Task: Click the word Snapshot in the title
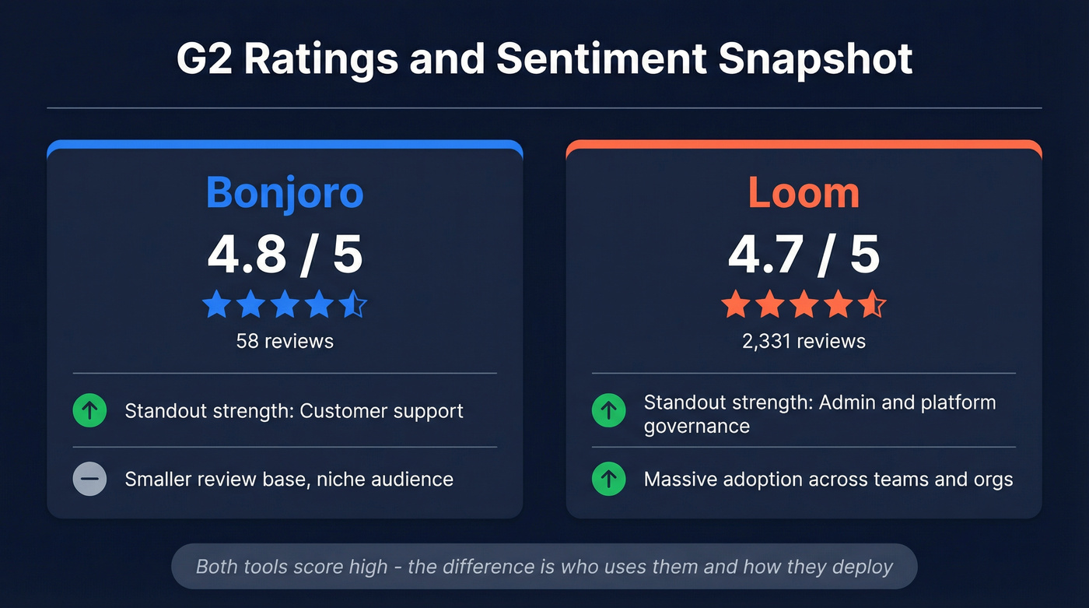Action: (815, 59)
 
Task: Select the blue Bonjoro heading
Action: (285, 192)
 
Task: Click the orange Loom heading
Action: (804, 192)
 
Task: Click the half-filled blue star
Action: (353, 305)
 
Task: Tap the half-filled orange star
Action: (872, 305)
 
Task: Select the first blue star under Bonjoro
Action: (216, 305)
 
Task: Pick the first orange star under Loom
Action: (735, 305)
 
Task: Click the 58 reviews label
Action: (285, 341)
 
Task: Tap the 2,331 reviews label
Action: (804, 341)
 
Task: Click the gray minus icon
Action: (89, 480)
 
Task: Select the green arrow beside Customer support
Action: (89, 410)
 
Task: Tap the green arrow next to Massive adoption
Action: (608, 480)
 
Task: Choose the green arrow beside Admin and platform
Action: (608, 410)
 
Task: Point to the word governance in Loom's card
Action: (696, 427)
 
